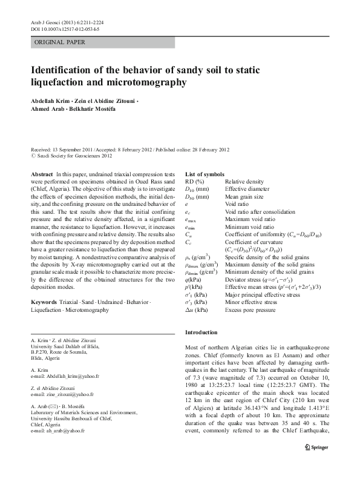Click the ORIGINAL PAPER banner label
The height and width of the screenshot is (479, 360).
[x=59, y=42]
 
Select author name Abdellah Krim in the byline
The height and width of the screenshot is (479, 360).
[x=50, y=99]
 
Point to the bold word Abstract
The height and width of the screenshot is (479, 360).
[x=41, y=174]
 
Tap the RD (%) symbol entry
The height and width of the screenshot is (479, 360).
[x=195, y=181]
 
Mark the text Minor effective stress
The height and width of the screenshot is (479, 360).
[x=250, y=301]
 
